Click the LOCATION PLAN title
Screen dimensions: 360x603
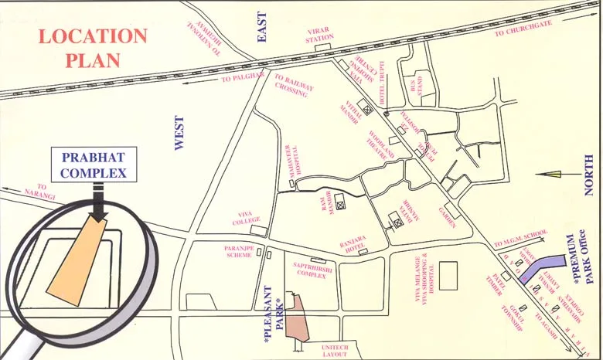(93, 47)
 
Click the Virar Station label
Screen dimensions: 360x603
(319, 34)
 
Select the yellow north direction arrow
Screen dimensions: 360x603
(553, 175)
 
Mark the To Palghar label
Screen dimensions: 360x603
(241, 78)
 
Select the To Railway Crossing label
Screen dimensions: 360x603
(294, 85)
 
